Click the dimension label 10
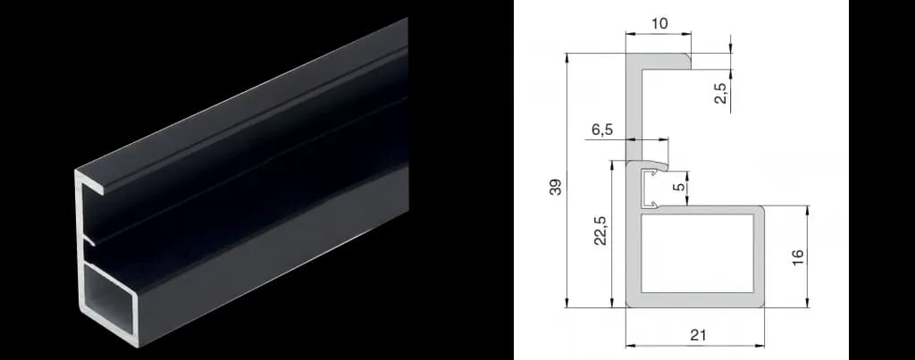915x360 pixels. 659,24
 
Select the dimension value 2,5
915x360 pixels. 721,94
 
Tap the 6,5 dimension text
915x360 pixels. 602,130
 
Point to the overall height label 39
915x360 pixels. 556,187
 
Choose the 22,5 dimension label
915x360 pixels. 601,230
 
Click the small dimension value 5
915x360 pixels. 677,188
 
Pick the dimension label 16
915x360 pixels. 798,256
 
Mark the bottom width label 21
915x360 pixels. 698,335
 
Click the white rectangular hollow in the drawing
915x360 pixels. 697,253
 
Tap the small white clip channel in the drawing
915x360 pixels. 649,189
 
